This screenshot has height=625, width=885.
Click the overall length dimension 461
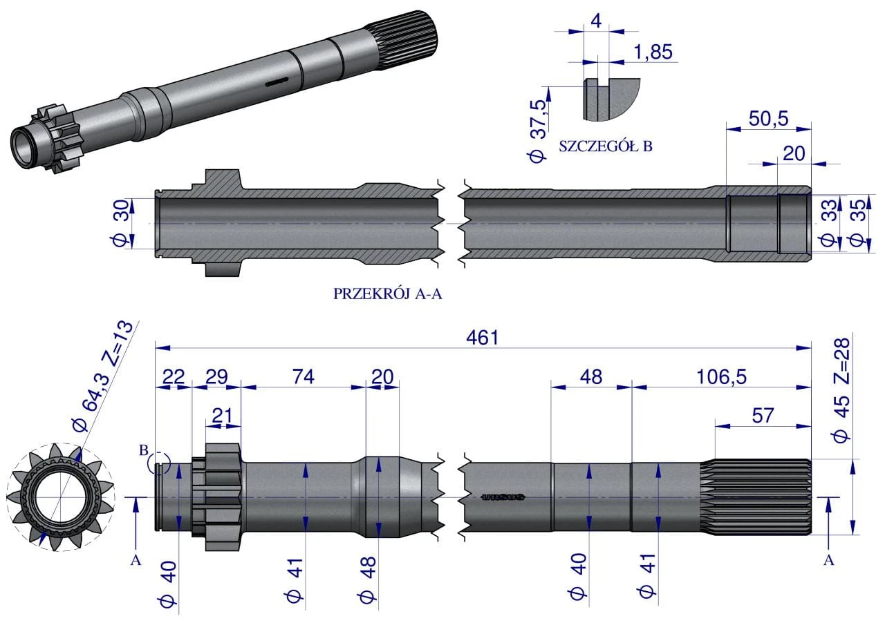tap(482, 338)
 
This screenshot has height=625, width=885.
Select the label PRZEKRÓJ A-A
tap(387, 294)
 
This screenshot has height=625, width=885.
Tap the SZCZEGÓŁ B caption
tap(605, 146)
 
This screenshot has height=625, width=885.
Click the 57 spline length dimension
tap(761, 416)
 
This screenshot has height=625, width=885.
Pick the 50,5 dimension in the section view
tap(768, 119)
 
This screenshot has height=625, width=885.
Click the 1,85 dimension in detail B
tap(652, 52)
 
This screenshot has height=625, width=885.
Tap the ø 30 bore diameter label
tap(118, 223)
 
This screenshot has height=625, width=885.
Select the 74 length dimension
tap(303, 376)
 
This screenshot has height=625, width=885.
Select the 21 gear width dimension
tap(221, 416)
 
